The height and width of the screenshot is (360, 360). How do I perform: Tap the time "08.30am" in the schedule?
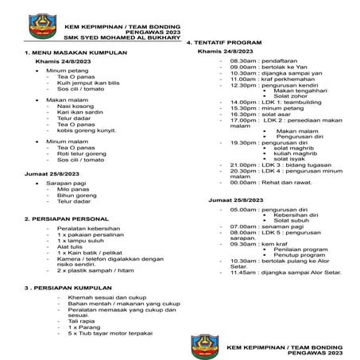click(240, 60)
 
